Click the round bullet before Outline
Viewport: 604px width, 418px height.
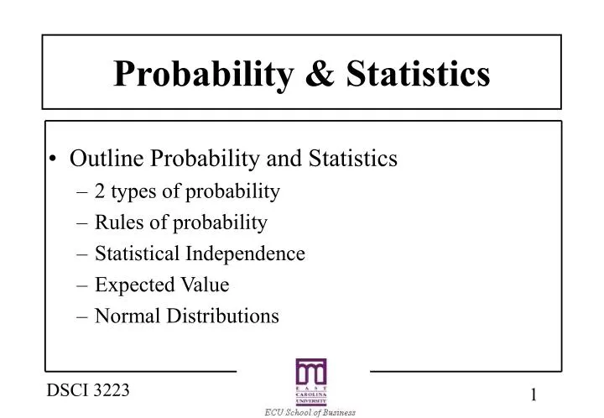pyautogui.click(x=55, y=159)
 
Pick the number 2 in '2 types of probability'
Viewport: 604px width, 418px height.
pyautogui.click(x=99, y=191)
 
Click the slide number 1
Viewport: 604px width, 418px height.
pyautogui.click(x=534, y=395)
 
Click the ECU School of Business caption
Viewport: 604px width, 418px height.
pyautogui.click(x=311, y=412)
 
